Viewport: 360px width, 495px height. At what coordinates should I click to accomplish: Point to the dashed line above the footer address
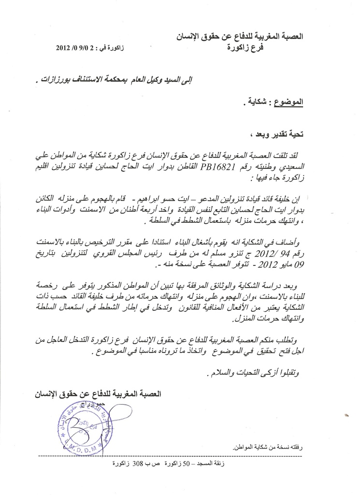tap(169, 456)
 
